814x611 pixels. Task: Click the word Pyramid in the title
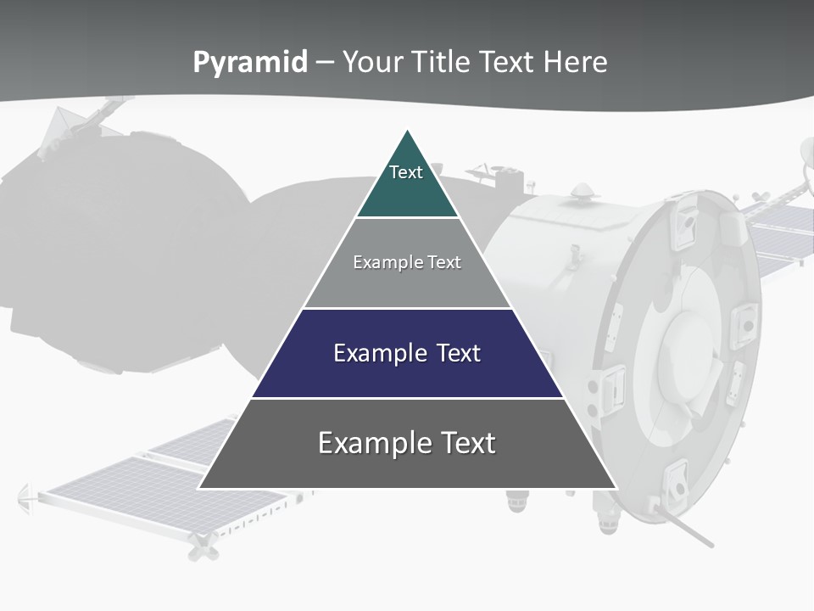pos(250,63)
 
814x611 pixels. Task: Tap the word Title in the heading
pos(442,62)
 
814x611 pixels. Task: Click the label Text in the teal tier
pos(406,172)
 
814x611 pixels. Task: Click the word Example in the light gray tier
pos(381,262)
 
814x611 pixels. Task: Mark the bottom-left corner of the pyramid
pos(199,488)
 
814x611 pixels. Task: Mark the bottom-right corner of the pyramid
pos(616,488)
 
